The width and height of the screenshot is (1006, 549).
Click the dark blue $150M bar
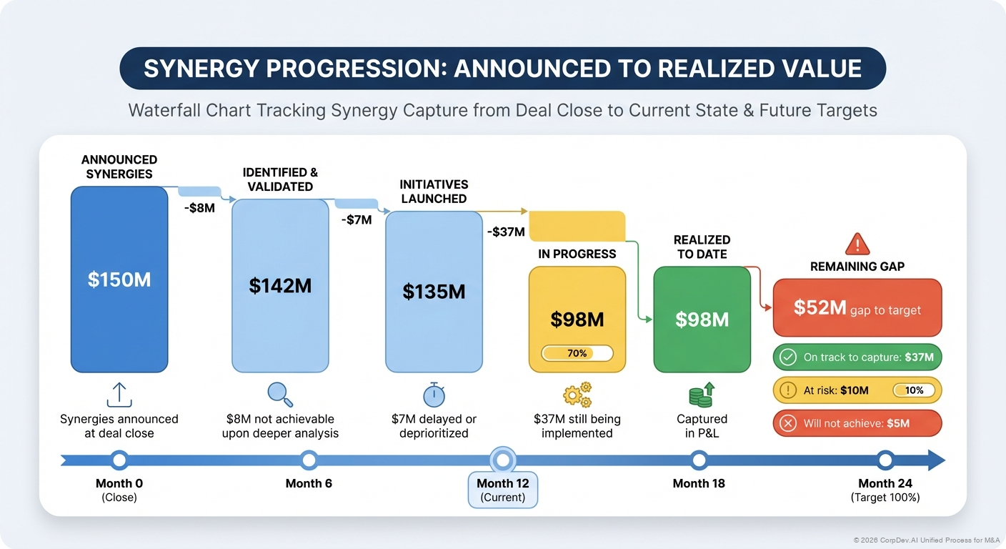tap(119, 279)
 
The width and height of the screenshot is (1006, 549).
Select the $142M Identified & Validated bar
tap(280, 285)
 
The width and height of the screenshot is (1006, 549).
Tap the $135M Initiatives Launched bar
tap(434, 291)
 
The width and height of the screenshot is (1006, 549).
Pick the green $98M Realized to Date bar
tap(702, 319)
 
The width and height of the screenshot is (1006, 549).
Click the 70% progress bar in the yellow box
tap(577, 353)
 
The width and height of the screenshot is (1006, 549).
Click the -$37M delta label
tap(507, 232)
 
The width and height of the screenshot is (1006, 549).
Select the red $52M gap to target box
tap(857, 308)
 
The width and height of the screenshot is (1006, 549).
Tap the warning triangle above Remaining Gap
tap(857, 244)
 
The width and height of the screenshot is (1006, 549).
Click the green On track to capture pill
tap(857, 357)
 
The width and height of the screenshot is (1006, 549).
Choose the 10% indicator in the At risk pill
tap(914, 390)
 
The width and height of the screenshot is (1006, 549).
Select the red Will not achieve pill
tap(857, 423)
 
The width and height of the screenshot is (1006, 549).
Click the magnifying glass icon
tap(279, 395)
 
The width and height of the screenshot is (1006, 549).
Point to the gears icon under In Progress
tap(577, 395)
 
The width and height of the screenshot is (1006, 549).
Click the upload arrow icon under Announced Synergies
tap(119, 395)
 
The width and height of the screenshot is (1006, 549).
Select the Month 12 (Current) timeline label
tap(503, 490)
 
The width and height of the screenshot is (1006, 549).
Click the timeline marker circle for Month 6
tap(309, 460)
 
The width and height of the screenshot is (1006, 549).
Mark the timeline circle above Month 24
tap(885, 460)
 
